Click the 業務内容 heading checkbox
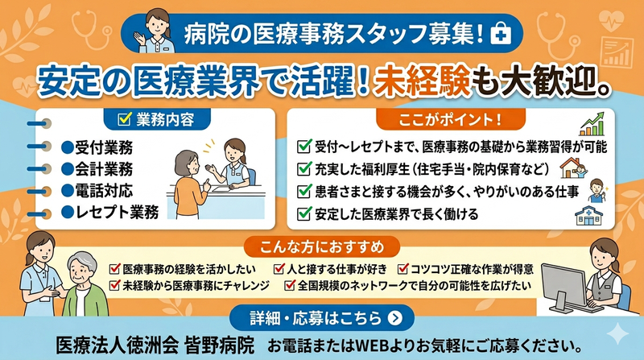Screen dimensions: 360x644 click(124, 119)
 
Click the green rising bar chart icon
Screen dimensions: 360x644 click(592, 124)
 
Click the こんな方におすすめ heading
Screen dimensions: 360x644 click(322, 244)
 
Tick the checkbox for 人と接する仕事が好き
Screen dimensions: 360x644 click(279, 267)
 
